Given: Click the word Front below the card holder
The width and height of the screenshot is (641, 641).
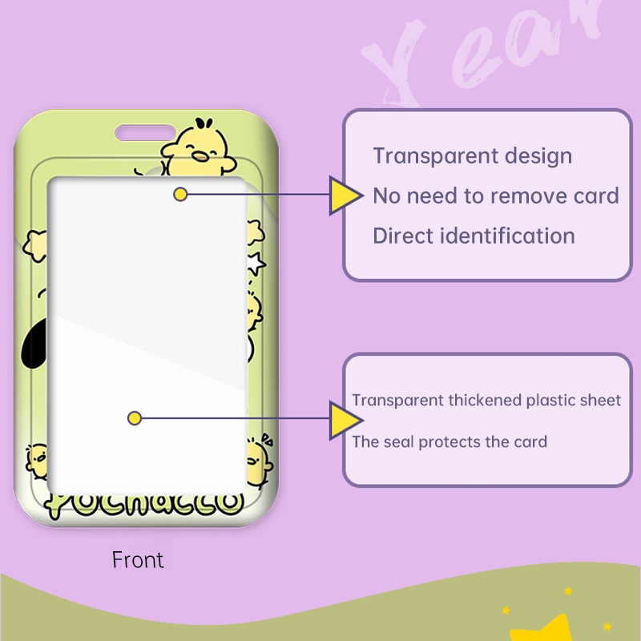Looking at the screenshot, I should coord(138,559).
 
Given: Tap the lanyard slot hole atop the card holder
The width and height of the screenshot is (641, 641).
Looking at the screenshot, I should coord(145,131).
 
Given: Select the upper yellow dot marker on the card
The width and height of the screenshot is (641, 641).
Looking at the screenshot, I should coord(181,194).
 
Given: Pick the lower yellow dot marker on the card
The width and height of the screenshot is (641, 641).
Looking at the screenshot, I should coord(135,417).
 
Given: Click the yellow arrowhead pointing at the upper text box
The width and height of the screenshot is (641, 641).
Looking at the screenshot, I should coord(345,195).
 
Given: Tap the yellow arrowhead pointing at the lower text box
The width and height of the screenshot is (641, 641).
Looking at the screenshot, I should coord(345,420).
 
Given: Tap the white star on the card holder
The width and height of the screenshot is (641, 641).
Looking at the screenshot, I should coord(256,262).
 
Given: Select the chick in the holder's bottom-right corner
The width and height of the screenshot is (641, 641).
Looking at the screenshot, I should coord(256,462).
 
